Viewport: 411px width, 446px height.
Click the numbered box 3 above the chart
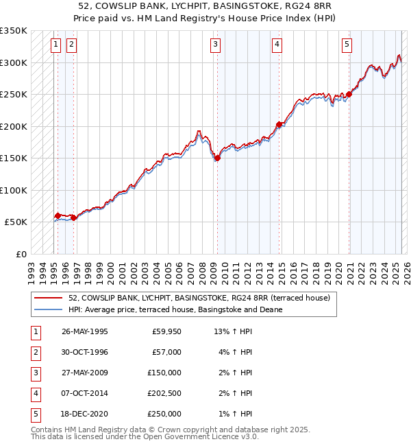[215, 45]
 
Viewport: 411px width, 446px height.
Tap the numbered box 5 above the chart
[347, 45]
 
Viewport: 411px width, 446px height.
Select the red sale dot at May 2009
[217, 158]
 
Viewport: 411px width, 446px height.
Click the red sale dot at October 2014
[279, 125]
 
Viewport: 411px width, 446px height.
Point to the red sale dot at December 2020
[349, 94]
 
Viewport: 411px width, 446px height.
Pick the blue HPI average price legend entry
[175, 309]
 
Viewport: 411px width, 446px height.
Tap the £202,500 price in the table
[164, 393]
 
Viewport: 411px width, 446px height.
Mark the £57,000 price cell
[166, 352]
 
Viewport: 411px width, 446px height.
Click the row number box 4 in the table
[35, 393]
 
